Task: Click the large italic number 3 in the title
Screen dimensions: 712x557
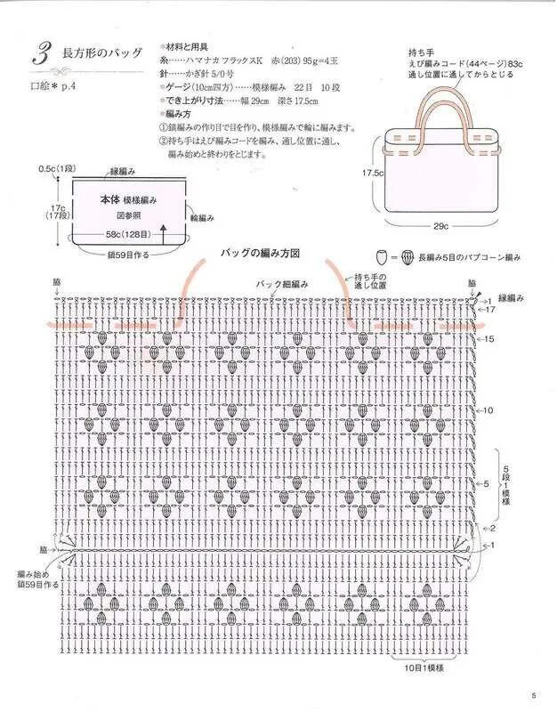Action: pos(41,53)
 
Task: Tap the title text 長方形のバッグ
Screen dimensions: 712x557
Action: pos(101,53)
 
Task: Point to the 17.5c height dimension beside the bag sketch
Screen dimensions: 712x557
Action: pos(371,172)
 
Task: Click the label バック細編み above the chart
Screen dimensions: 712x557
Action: pos(282,283)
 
